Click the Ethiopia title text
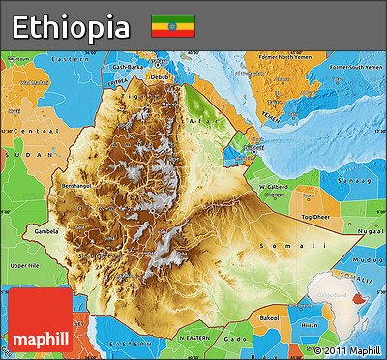(71, 25)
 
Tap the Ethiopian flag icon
(172, 26)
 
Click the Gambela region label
(45, 232)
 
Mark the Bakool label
(268, 317)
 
